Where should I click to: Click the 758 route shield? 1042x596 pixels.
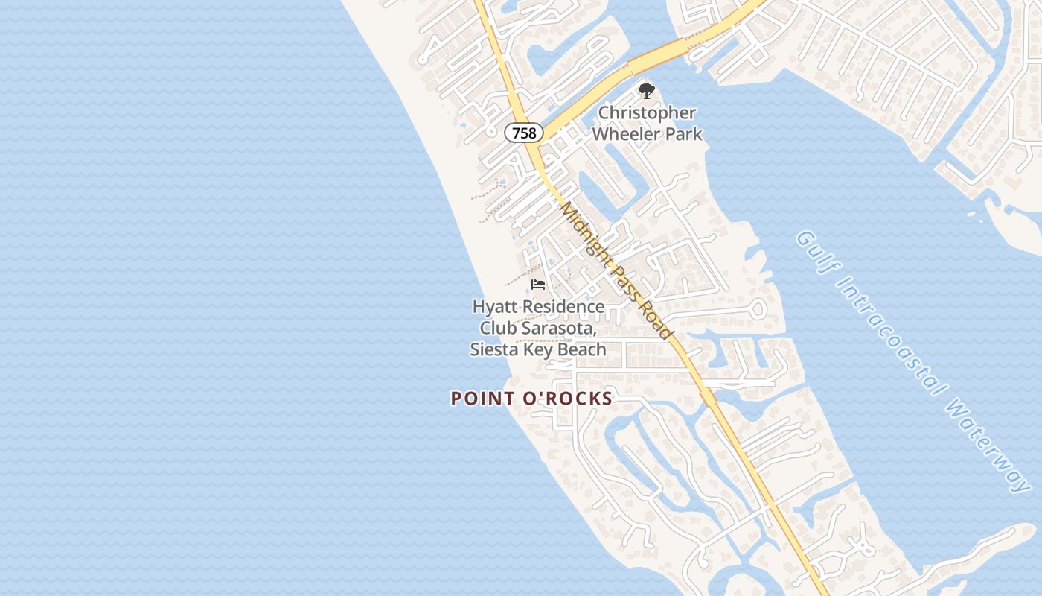pyautogui.click(x=524, y=133)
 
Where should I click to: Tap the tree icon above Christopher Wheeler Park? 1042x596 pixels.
pyautogui.click(x=647, y=92)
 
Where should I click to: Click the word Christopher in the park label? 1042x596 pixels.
pyautogui.click(x=648, y=113)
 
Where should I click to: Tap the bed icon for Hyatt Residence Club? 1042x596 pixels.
pyautogui.click(x=538, y=285)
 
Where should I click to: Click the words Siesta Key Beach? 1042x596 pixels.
pyautogui.click(x=538, y=349)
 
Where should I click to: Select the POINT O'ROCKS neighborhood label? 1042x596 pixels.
pyautogui.click(x=531, y=399)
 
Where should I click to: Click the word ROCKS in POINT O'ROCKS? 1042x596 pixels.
pyautogui.click(x=578, y=399)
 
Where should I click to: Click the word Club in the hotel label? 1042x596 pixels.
pyautogui.click(x=497, y=328)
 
